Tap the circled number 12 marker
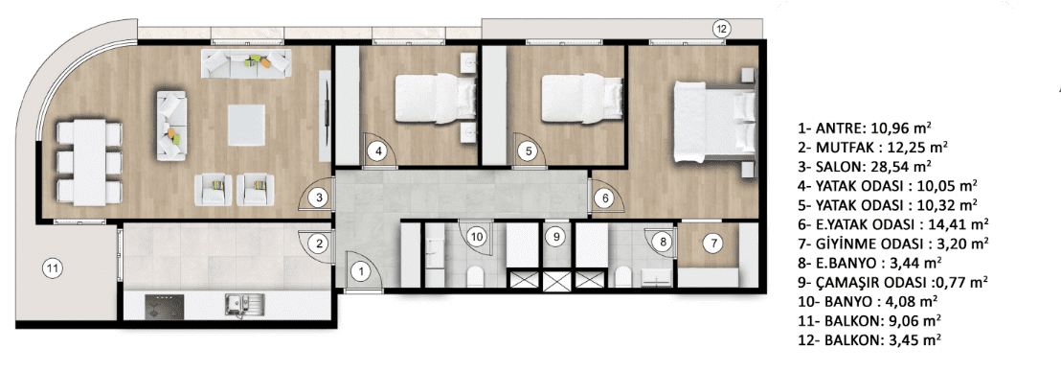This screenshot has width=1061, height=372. click(722, 29)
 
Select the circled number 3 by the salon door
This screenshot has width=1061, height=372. click(321, 198)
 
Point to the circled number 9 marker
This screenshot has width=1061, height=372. click(555, 237)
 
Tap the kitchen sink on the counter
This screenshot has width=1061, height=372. click(237, 306)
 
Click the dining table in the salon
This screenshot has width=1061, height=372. click(90, 163)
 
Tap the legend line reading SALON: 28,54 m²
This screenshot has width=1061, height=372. click(864, 165)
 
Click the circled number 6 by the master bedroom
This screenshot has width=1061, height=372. click(605, 198)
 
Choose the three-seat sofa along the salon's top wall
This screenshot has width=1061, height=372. click(246, 62)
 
